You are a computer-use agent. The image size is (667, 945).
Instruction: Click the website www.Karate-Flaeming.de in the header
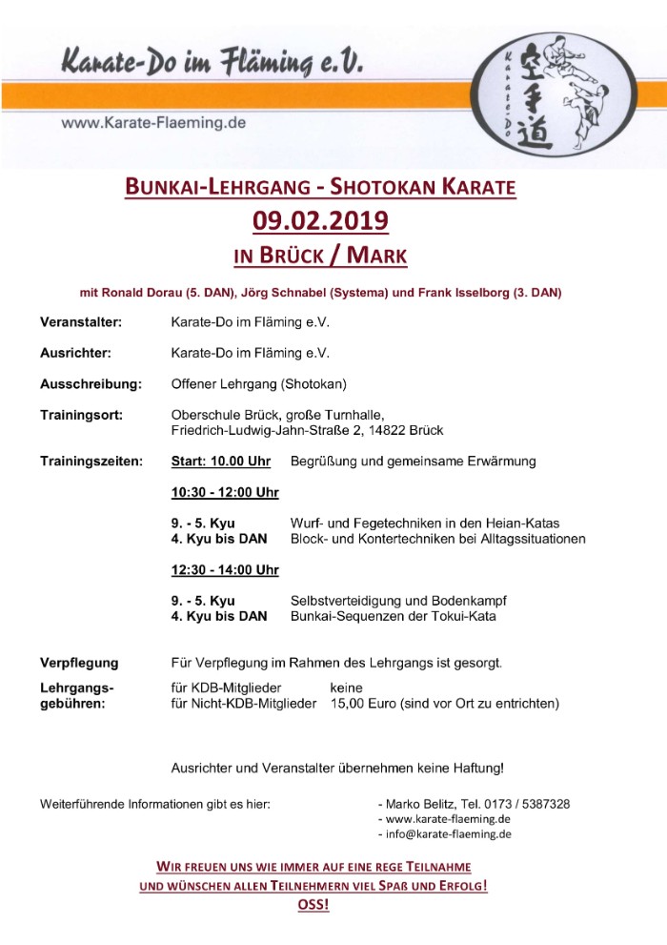[x=154, y=123]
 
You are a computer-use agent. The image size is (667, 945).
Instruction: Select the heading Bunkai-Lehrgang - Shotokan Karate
[x=320, y=186]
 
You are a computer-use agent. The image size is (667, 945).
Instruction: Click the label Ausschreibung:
[x=91, y=384]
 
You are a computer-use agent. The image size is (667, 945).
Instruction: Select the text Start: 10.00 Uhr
[x=220, y=462]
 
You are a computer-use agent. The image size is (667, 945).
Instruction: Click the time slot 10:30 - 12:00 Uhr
[x=225, y=493]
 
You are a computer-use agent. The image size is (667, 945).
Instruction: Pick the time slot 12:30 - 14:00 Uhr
[x=225, y=570]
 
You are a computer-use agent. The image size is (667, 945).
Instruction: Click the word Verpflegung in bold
[x=79, y=662]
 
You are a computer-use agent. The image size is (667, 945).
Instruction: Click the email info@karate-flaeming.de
[x=448, y=833]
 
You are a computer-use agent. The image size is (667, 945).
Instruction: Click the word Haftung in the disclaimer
[x=470, y=767]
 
